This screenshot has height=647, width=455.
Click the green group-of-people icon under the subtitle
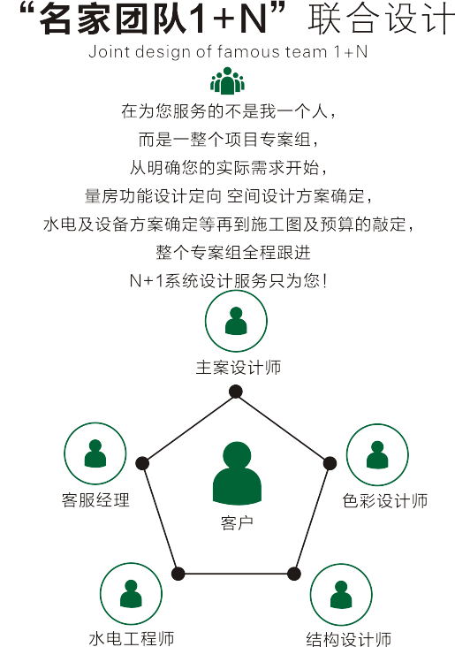tap(227, 81)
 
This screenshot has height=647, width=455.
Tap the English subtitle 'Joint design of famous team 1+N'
tap(228, 52)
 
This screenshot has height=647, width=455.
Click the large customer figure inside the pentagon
tap(237, 473)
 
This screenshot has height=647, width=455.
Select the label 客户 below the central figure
tap(237, 523)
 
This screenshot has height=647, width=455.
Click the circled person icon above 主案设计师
tap(236, 321)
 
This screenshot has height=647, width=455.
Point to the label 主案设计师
tap(239, 367)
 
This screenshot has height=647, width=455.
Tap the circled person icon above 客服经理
tap(95, 453)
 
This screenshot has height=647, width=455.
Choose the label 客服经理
tap(95, 499)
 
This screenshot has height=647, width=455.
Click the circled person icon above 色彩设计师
tap(377, 454)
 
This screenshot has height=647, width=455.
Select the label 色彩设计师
tap(385, 501)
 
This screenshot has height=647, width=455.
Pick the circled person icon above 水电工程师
tap(131, 593)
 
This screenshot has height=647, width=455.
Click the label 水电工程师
tap(132, 639)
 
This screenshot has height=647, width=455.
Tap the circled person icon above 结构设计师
tap(341, 595)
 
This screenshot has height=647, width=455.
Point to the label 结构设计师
tap(349, 639)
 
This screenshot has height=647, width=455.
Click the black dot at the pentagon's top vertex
tap(236, 392)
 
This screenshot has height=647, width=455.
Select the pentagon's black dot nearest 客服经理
tap(142, 463)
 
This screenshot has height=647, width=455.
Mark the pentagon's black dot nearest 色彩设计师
tap(330, 463)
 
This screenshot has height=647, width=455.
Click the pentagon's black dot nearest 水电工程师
tap(178, 574)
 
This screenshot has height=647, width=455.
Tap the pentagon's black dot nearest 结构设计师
tap(293, 574)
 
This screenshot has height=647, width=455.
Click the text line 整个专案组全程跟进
tap(233, 253)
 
